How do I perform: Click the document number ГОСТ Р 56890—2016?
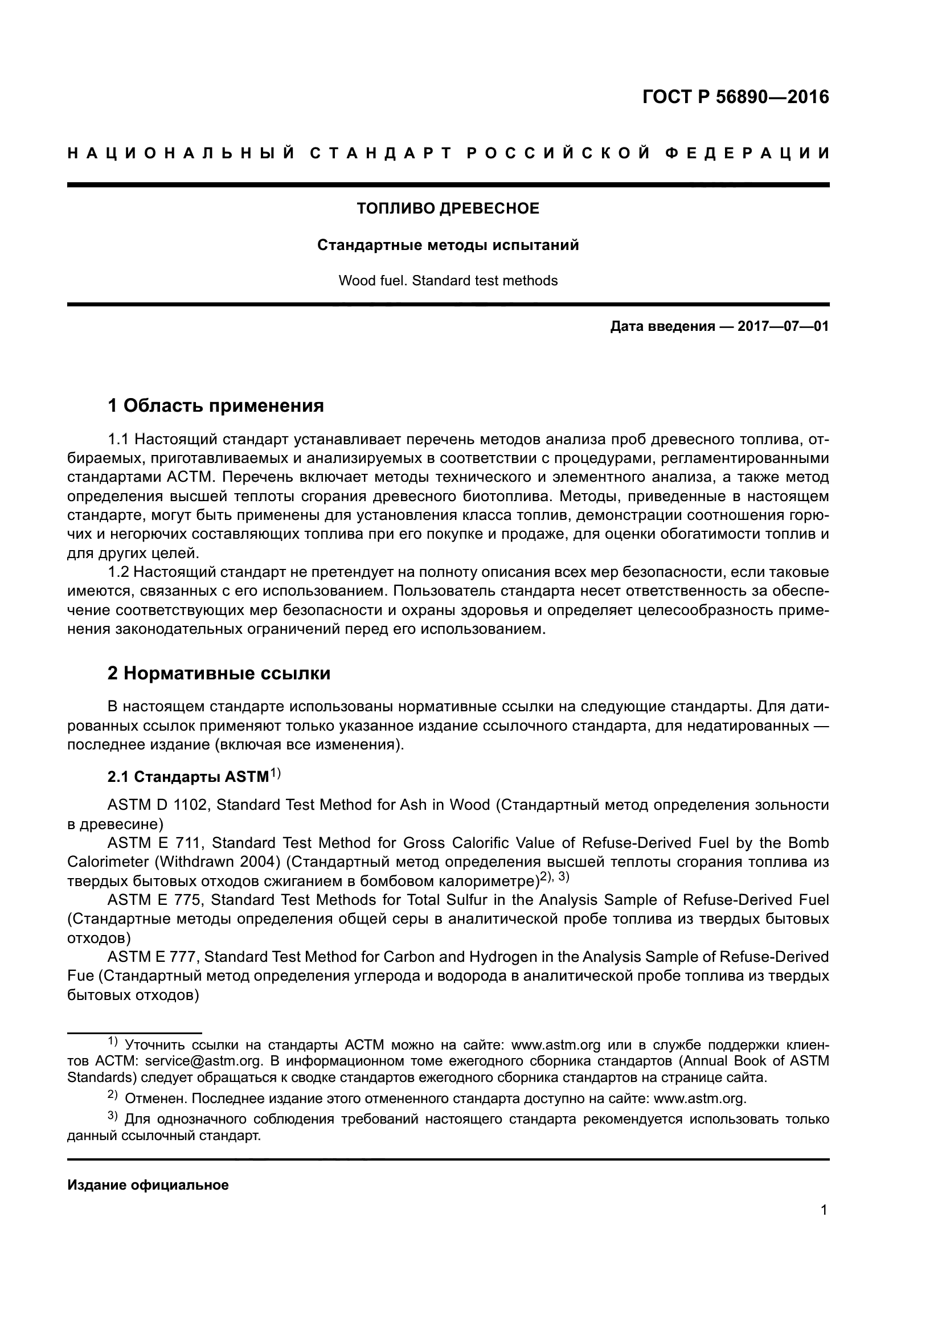point(735,97)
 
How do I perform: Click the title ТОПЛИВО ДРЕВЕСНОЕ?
point(448,208)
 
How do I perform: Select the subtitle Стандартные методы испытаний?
point(448,245)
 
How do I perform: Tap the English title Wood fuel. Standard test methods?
point(448,281)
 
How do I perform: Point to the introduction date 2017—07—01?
point(783,327)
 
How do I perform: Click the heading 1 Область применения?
point(216,405)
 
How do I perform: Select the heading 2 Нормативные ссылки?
point(219,674)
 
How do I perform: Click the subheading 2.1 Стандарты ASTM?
point(189,777)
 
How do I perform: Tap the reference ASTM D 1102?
point(157,805)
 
